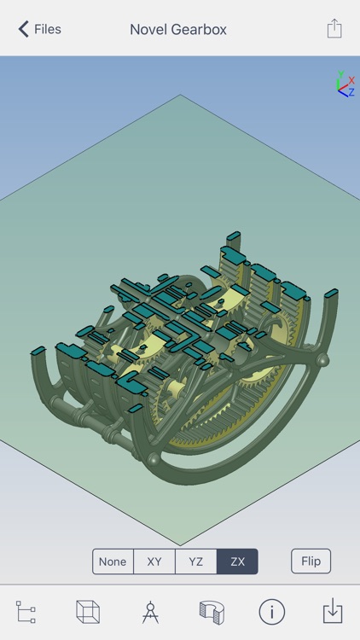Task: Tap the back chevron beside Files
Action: [x=23, y=29]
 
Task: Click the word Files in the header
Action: [x=47, y=29]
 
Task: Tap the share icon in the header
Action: [x=334, y=28]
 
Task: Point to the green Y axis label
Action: [x=340, y=74]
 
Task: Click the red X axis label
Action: [x=351, y=81]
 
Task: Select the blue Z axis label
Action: [x=351, y=92]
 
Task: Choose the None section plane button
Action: [x=113, y=561]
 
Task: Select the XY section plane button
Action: [x=154, y=561]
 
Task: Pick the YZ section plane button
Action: [x=196, y=561]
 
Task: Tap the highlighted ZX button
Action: [x=238, y=561]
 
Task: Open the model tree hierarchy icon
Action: [x=26, y=612]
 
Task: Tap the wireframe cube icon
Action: [x=88, y=612]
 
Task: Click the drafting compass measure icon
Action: [x=150, y=612]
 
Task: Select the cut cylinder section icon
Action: [x=211, y=612]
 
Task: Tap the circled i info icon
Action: [x=272, y=612]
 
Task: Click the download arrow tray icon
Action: [x=333, y=612]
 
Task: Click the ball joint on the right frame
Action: [x=322, y=362]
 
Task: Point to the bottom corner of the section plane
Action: [x=180, y=544]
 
